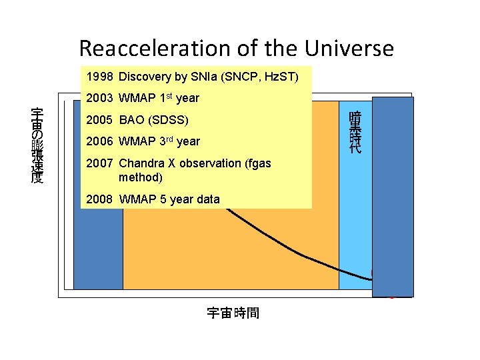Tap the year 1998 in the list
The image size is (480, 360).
pyautogui.click(x=100, y=77)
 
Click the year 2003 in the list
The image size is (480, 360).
pyautogui.click(x=100, y=99)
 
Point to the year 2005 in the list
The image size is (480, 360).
pyautogui.click(x=100, y=121)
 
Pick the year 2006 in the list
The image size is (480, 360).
pyautogui.click(x=100, y=141)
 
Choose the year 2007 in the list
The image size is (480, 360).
pyautogui.click(x=100, y=163)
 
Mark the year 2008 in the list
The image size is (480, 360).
pyautogui.click(x=100, y=199)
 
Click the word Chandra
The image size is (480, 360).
pyautogui.click(x=141, y=163)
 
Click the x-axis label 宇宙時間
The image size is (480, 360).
pyautogui.click(x=233, y=313)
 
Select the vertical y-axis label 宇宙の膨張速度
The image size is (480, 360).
pyautogui.click(x=38, y=145)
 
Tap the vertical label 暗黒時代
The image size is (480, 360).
pyautogui.click(x=355, y=133)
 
